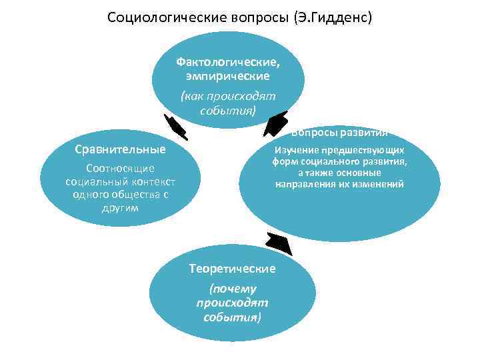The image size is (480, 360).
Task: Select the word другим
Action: click(x=121, y=207)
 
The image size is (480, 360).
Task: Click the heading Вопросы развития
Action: click(x=339, y=132)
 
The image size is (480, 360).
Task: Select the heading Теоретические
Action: click(x=232, y=269)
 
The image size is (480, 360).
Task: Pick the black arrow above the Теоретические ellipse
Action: click(x=279, y=244)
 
